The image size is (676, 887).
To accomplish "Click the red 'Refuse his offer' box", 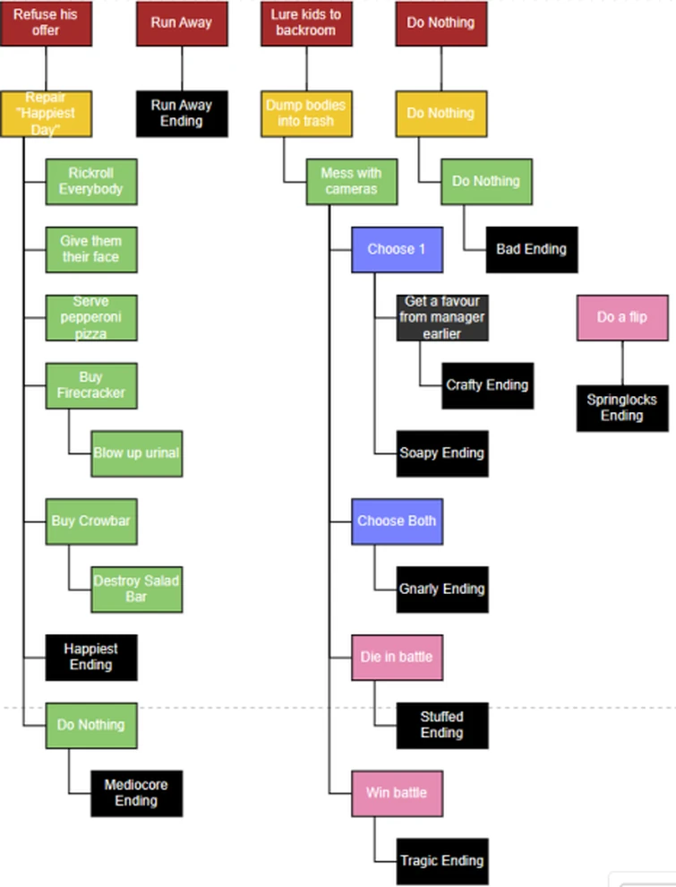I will pos(46,22).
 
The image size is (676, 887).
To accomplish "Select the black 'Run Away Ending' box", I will pos(182,114).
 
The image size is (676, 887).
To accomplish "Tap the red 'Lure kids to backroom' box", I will pos(306,22).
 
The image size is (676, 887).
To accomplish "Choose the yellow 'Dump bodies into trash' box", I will pos(306,114).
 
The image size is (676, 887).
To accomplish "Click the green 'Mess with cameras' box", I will pos(352,182).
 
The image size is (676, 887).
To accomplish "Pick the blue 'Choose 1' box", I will pos(397,250).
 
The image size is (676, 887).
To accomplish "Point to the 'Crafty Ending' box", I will pos(487,385).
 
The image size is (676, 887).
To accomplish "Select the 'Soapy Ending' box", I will pos(442,453).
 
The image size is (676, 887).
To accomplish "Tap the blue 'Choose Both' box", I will pos(397,521).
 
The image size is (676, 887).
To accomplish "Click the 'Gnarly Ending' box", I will pos(442,590).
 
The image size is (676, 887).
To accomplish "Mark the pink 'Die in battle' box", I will pos(397,658).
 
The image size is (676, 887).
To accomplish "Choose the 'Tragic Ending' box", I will pos(442,861).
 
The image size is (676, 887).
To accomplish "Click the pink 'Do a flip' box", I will pos(622,317).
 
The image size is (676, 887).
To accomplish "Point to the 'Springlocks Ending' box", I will pos(622,408).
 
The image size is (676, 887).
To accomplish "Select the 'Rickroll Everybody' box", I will pos(91,182).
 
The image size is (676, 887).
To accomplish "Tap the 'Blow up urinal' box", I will pos(136,453).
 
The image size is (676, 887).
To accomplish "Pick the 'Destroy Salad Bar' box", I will pos(136,590).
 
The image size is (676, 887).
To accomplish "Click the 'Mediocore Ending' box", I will pos(136,793).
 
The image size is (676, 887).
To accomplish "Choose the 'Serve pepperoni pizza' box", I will pos(91,318).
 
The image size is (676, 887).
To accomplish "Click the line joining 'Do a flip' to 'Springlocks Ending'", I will pos(622,363).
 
